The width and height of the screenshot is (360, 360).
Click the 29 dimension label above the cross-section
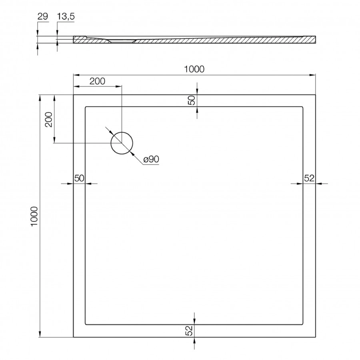[43, 16]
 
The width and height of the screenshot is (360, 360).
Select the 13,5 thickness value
[66, 16]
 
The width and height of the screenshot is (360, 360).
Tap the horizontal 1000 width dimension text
[194, 69]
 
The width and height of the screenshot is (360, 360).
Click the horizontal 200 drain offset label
[97, 81]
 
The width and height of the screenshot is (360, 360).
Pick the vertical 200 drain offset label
[48, 119]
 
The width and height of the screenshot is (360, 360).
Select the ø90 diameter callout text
[151, 159]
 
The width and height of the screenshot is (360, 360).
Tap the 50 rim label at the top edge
[192, 100]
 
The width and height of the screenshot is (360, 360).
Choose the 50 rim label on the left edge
[79, 178]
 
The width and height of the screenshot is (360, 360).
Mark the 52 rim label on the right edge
[309, 178]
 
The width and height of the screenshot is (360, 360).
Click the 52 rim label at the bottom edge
[189, 330]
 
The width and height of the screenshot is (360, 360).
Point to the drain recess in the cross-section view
[122, 40]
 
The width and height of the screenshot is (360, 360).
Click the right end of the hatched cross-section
[314, 39]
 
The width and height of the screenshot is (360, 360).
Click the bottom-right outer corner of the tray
[316, 337]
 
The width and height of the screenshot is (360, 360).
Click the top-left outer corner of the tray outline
[74, 95]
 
